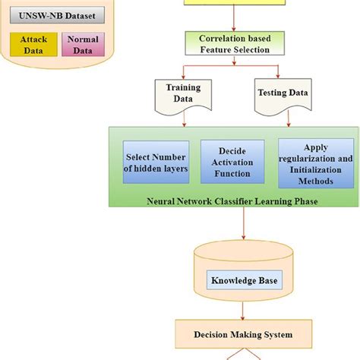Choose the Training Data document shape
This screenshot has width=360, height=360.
click(183, 94)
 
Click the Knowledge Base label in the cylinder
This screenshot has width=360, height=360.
click(244, 281)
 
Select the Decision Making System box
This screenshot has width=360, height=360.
click(243, 333)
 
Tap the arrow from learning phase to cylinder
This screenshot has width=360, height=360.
click(243, 228)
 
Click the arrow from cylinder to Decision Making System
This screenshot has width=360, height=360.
click(243, 311)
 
